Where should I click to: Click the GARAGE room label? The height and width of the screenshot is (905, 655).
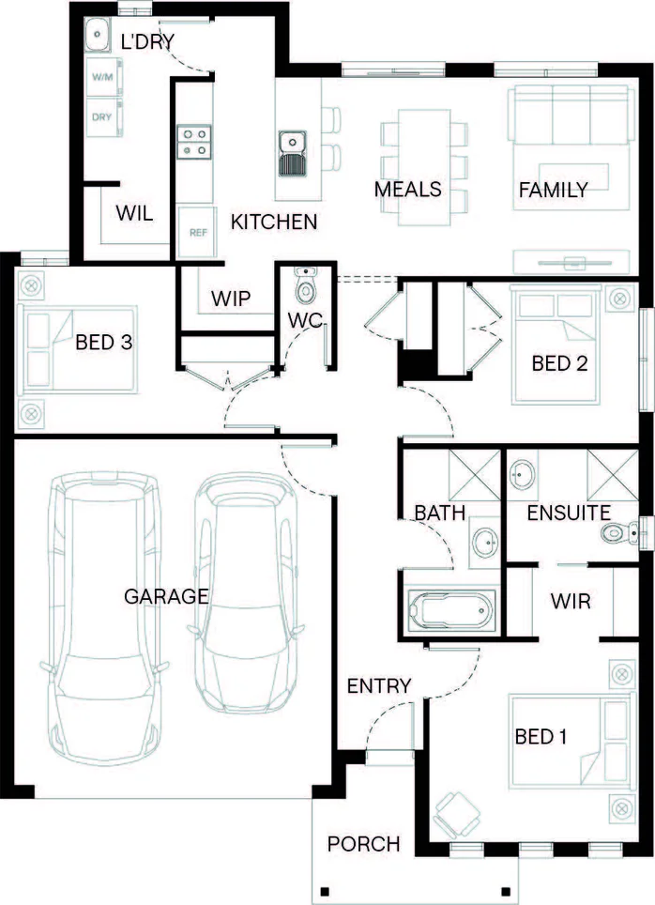[x=166, y=596]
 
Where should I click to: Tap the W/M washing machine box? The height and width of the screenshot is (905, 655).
[x=104, y=77]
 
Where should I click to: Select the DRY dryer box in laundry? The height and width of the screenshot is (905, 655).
[x=104, y=117]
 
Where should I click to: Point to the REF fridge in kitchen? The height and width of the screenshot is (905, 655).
[x=197, y=232]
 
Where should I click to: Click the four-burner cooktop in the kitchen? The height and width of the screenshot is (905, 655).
[x=194, y=142]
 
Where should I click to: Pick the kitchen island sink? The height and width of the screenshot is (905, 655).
[x=293, y=153]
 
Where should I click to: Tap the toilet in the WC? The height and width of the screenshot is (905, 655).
[x=305, y=285]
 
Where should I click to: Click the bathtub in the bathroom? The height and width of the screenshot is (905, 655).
[x=450, y=609]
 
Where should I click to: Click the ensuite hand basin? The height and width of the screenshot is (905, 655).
[x=523, y=475]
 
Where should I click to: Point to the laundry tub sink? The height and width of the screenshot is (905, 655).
[x=97, y=35]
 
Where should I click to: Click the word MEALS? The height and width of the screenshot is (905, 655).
[x=408, y=190]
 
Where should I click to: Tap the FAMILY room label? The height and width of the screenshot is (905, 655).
[x=554, y=190]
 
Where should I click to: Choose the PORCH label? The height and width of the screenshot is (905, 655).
[x=363, y=844]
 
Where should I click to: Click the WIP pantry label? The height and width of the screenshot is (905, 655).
[x=231, y=299]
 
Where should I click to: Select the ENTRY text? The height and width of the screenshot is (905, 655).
[x=379, y=685]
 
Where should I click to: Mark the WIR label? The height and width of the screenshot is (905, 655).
[x=571, y=602]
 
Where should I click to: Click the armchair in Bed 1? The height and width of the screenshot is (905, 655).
[x=456, y=815]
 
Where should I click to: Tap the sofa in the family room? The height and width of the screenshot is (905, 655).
[x=569, y=115]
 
